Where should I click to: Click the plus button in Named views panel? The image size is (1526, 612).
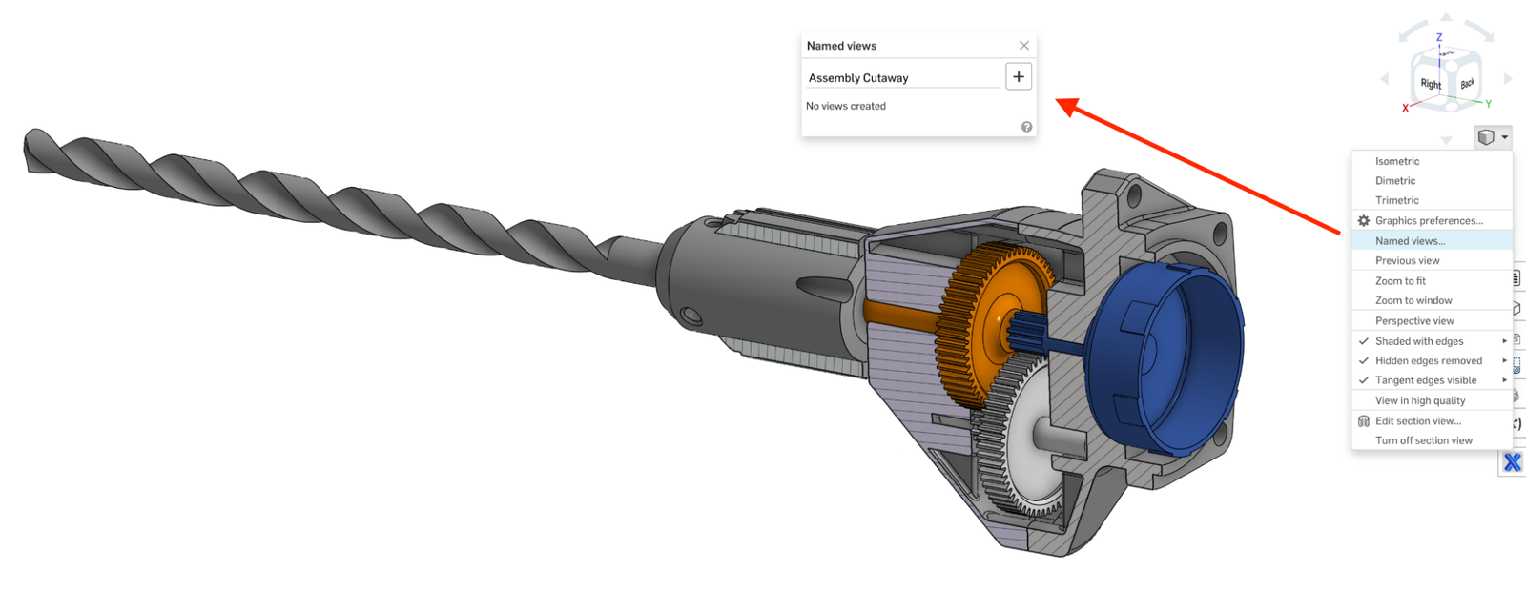point(1019,77)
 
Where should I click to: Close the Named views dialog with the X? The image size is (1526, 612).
point(1023,46)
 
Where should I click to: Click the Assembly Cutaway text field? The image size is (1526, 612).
point(901,78)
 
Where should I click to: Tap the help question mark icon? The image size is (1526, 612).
point(1026,127)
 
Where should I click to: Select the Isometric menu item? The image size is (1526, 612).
point(1397,161)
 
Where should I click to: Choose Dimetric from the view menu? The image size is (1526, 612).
point(1395,181)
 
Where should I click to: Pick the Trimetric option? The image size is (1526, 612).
point(1397,200)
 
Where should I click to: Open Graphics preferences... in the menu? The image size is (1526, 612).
point(1429,221)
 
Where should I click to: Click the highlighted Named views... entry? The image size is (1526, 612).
point(1410,241)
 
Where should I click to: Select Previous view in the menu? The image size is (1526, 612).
point(1408,260)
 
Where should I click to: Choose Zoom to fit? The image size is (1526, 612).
point(1400,281)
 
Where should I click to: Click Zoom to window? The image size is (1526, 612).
point(1413,300)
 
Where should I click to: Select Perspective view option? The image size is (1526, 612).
point(1414,321)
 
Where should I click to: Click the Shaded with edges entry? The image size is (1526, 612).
point(1419,341)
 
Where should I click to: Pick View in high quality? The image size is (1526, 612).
point(1420,401)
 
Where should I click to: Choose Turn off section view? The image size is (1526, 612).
point(1424,440)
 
